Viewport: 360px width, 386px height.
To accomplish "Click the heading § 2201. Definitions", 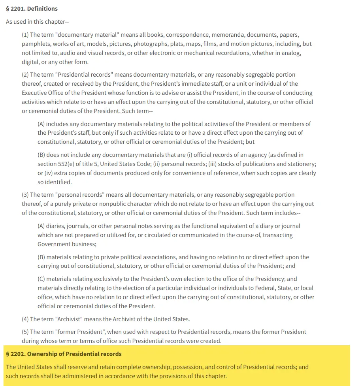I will pos(32,8).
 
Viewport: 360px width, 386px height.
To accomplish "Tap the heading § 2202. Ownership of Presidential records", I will pos(64,354).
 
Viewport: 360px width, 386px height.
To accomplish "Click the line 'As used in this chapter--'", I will pos(38,22).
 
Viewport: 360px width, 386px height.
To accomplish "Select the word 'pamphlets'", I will pos(35,44).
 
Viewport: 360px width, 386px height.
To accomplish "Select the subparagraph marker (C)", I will pos(41,279).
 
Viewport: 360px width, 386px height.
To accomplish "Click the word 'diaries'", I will pos(55,226).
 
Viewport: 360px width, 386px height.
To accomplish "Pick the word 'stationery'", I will pos(300,164).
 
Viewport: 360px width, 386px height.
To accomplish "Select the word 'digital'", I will pos(30,62).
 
